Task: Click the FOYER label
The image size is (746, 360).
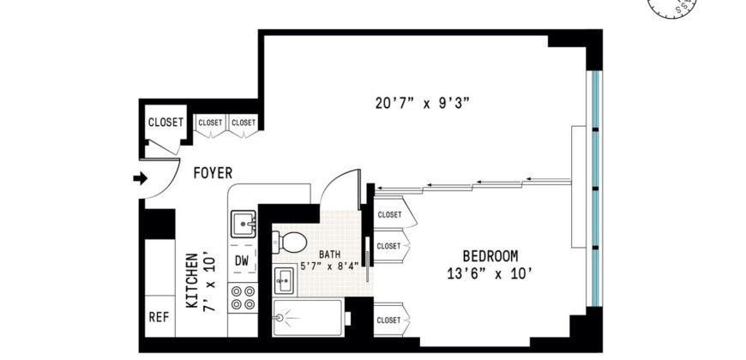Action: pos(213,173)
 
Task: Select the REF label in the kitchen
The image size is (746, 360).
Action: pos(159,315)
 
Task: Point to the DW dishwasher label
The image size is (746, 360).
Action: pos(242,261)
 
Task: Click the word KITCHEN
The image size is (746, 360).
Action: pos(193,279)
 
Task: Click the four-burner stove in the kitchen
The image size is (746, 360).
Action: pos(243,297)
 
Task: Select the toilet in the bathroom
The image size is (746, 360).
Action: pos(291,240)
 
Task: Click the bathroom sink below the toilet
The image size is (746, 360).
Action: pos(285,279)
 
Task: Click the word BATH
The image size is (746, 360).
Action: pos(330,255)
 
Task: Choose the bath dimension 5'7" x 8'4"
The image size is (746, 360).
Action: pos(330,266)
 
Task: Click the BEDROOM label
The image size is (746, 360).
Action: pos(490,256)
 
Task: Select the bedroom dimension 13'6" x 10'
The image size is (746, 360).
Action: pos(490,273)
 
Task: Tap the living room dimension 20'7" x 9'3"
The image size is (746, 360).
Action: pos(422,104)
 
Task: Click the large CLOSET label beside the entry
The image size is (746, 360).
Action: pos(165,123)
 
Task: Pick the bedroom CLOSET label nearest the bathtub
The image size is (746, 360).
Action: pos(388,319)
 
